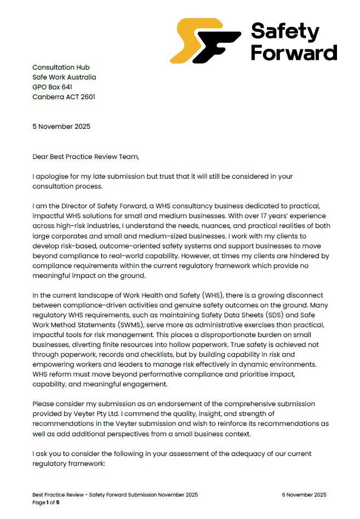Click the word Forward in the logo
point(293,52)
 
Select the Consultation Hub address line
point(61,67)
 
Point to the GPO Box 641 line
point(53,87)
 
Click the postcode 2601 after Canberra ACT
point(87,97)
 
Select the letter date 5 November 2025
point(61,127)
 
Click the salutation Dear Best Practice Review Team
point(86,157)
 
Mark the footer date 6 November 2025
point(304,494)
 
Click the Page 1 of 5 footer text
point(46,502)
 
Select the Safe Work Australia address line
point(64,77)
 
